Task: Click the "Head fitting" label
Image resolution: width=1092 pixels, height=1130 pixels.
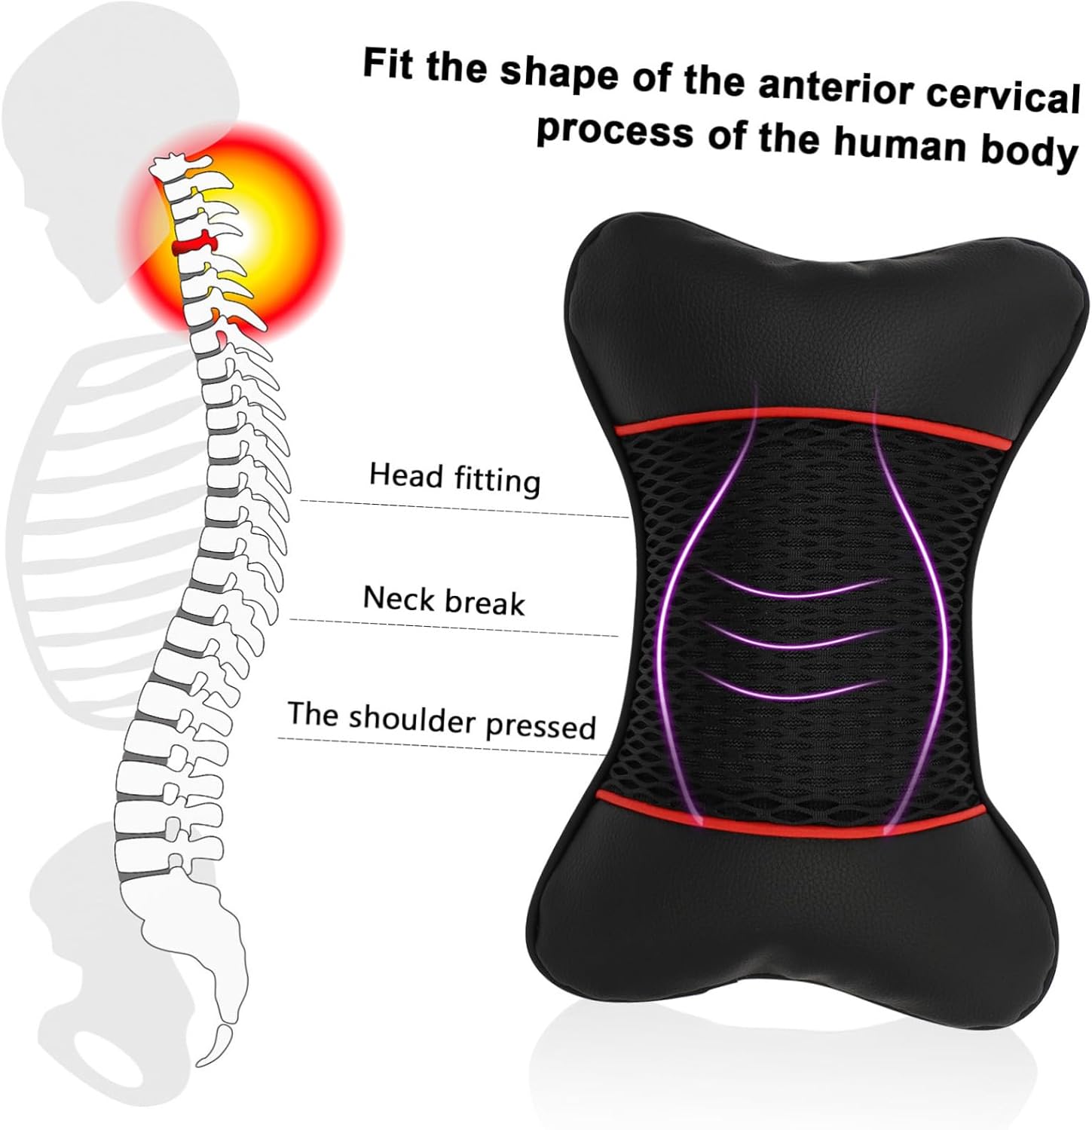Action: pyautogui.click(x=454, y=478)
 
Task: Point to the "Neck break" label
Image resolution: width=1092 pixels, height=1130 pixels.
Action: pyautogui.click(x=444, y=601)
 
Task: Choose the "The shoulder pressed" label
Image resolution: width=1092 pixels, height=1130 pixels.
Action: pyautogui.click(x=442, y=719)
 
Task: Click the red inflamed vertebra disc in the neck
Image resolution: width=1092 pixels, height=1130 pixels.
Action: pyautogui.click(x=193, y=245)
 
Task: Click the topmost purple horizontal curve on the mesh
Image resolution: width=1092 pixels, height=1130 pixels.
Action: pyautogui.click(x=795, y=588)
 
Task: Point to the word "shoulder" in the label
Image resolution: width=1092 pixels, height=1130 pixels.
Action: pyautogui.click(x=412, y=719)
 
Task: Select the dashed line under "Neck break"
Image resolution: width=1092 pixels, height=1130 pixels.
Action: pyautogui.click(x=452, y=627)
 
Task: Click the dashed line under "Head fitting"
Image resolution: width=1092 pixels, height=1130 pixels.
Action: pyautogui.click(x=463, y=509)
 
